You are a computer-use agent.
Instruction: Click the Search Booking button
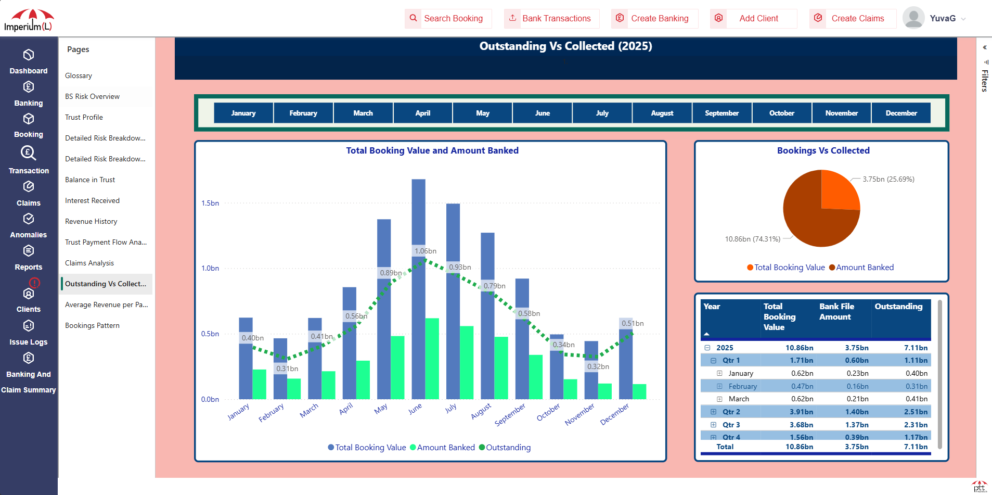[x=447, y=18]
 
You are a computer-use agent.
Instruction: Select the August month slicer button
[x=662, y=113]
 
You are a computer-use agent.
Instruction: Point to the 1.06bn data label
[x=425, y=251]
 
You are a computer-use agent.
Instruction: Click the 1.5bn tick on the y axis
[x=210, y=203]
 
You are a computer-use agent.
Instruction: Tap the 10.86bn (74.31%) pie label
[x=752, y=239]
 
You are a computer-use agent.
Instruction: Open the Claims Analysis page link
[x=89, y=263]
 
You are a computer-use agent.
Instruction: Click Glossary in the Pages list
[x=79, y=75]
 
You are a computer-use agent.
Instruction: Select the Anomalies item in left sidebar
[x=29, y=226]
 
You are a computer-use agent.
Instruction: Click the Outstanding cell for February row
[x=916, y=386]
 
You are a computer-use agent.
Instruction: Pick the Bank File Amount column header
[x=836, y=312]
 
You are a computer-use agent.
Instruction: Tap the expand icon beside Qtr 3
[x=713, y=425]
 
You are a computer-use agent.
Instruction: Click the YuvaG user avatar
[x=913, y=18]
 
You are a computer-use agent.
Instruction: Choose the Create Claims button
[x=852, y=18]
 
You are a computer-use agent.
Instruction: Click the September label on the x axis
[x=510, y=415]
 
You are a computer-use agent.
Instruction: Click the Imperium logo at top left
[x=29, y=20]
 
